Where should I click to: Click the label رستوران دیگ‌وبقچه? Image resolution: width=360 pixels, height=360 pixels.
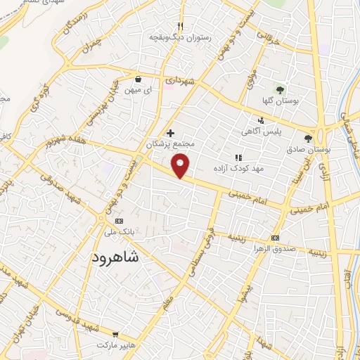tap(173, 36)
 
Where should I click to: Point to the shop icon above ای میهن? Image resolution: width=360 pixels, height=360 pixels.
tap(139, 79)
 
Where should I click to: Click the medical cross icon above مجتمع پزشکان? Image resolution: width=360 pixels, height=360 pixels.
tap(170, 132)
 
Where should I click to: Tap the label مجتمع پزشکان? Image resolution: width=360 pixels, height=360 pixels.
tap(169, 143)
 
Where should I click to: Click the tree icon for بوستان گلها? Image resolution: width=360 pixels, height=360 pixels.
tap(281, 90)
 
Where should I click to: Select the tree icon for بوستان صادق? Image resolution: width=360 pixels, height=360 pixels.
tap(308, 138)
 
